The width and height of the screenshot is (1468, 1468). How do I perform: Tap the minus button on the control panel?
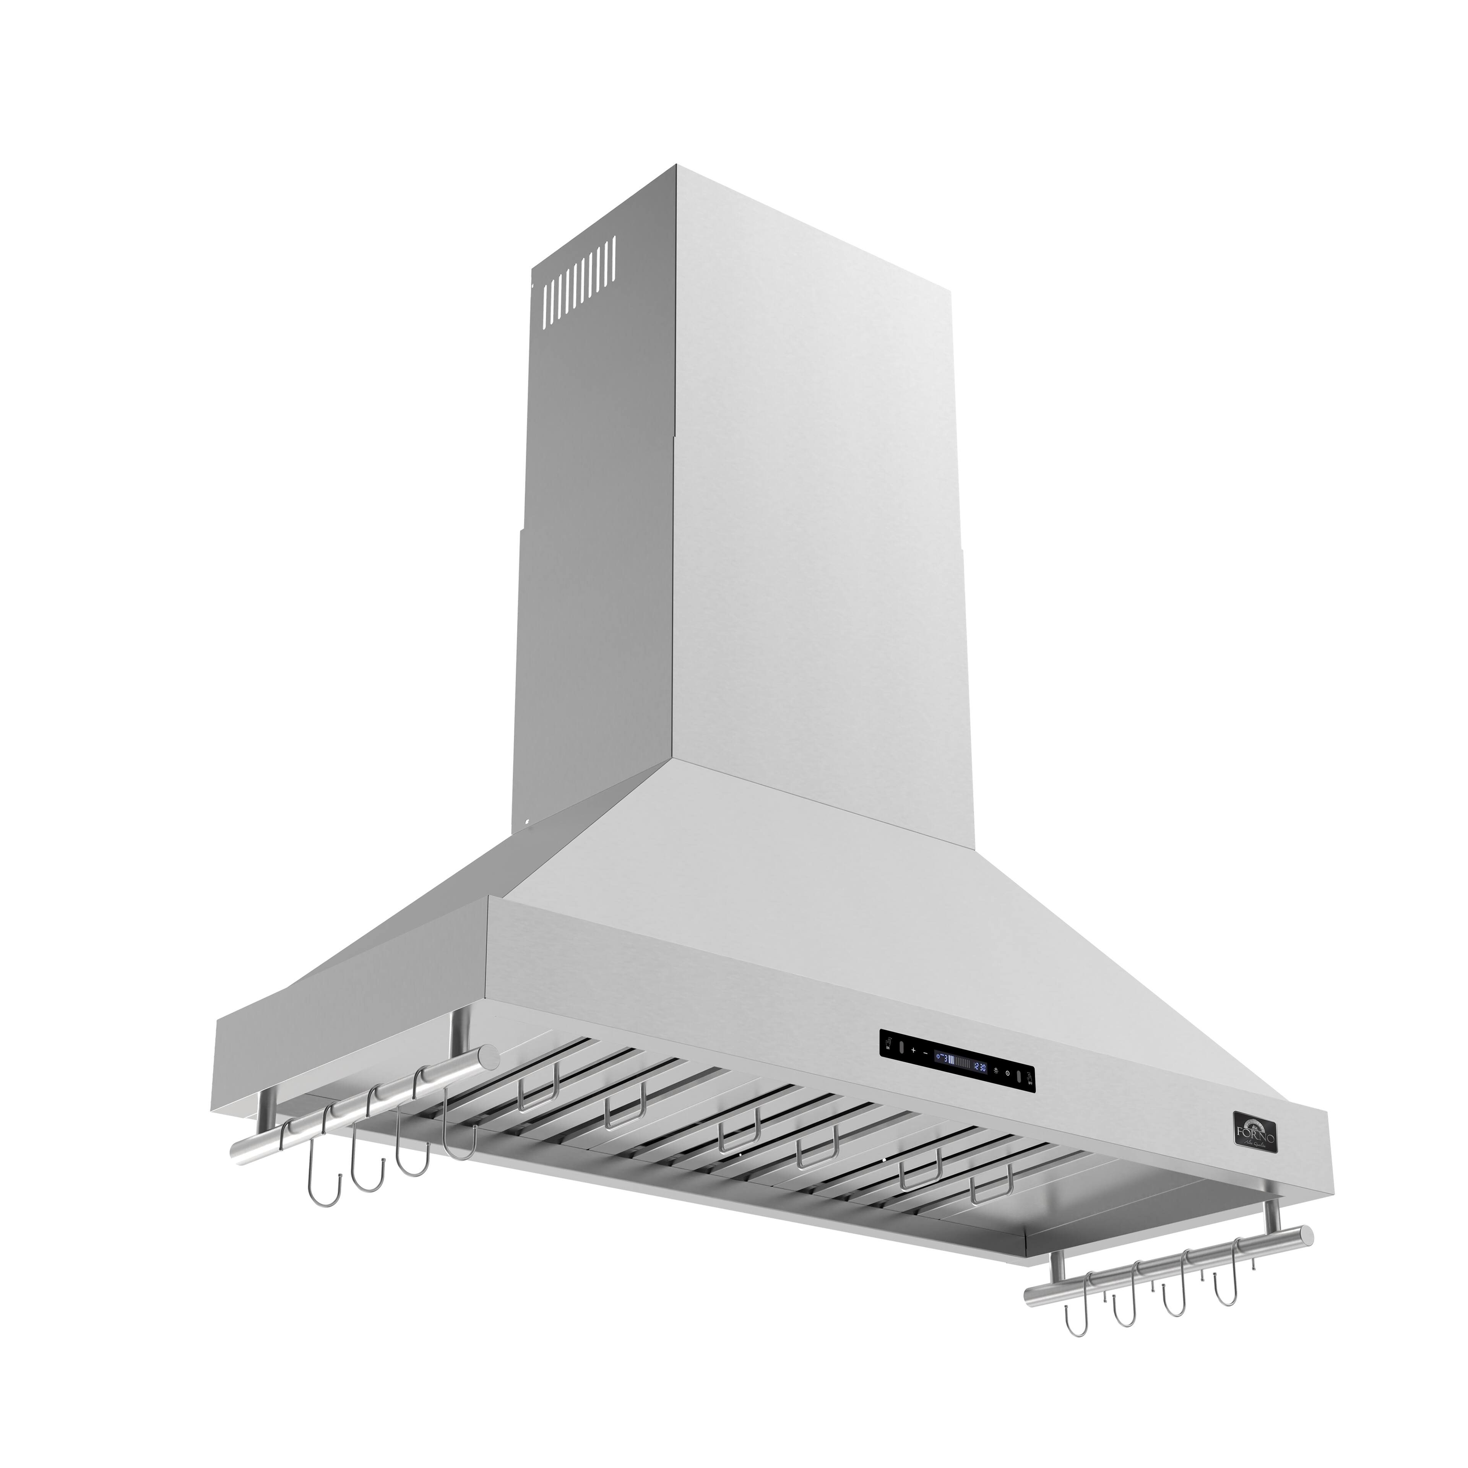(x=926, y=1053)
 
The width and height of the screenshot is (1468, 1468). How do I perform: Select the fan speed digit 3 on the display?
(x=946, y=1059)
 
